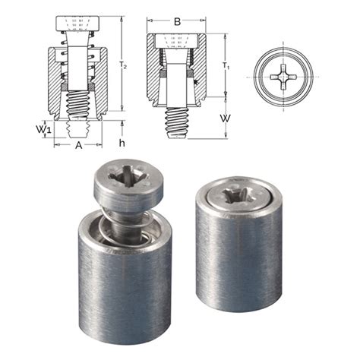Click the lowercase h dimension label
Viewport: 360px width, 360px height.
coord(122,142)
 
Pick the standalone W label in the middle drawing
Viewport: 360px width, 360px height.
coord(225,118)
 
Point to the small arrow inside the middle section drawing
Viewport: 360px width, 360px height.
coord(196,81)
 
